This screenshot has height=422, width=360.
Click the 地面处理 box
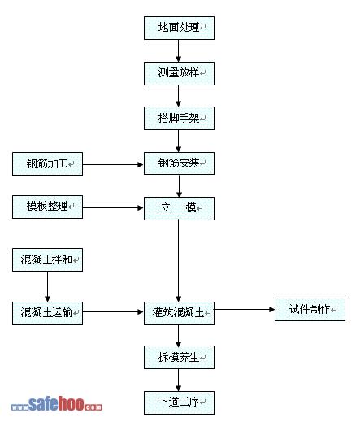[x=179, y=28]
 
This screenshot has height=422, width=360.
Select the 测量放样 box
[x=179, y=73]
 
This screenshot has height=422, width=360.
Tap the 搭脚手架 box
[x=179, y=118]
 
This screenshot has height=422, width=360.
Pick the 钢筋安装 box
[x=179, y=163]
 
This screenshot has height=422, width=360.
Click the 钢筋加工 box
[x=47, y=163]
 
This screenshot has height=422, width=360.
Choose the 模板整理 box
[x=47, y=207]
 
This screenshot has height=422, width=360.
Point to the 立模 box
[x=179, y=208]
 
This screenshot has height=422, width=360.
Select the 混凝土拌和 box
[x=47, y=259]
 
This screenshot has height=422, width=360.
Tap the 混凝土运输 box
[x=47, y=313]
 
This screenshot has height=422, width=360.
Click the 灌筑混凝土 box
[x=179, y=313]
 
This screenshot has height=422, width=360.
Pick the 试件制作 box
[x=310, y=309]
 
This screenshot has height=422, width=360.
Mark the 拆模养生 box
[x=179, y=357]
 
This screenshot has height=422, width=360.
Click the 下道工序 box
[x=179, y=402]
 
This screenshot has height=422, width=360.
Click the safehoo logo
[x=56, y=403]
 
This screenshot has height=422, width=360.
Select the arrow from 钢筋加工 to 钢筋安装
[x=113, y=164]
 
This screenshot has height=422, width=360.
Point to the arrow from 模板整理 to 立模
[x=113, y=208]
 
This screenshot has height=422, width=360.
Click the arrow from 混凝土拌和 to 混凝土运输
[x=47, y=286]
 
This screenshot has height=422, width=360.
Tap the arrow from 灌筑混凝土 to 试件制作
[x=245, y=309]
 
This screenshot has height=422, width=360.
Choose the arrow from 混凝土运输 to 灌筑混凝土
[x=113, y=312]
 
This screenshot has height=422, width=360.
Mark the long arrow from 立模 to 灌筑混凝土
[x=178, y=261]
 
